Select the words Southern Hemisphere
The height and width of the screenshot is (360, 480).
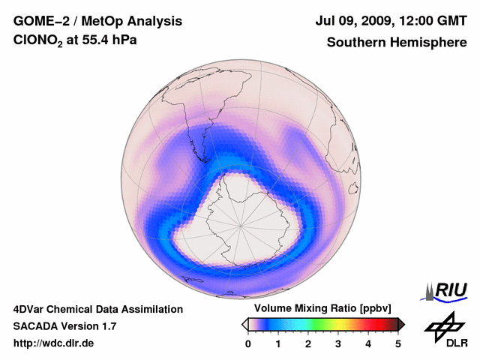click(x=396, y=43)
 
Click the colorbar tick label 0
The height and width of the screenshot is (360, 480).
click(x=248, y=343)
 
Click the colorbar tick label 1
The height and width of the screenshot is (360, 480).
click(x=278, y=343)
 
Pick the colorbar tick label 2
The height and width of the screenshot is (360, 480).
click(x=308, y=343)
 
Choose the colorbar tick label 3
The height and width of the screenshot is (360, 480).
click(x=338, y=343)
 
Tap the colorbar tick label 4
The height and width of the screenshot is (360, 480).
click(x=368, y=343)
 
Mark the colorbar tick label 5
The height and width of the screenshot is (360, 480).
click(x=398, y=343)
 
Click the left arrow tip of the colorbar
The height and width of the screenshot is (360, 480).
click(x=244, y=324)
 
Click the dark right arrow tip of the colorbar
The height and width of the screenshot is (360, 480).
click(x=402, y=324)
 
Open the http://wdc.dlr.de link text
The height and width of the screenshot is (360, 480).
click(x=53, y=343)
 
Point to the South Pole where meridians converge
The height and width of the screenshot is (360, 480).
click(x=241, y=223)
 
